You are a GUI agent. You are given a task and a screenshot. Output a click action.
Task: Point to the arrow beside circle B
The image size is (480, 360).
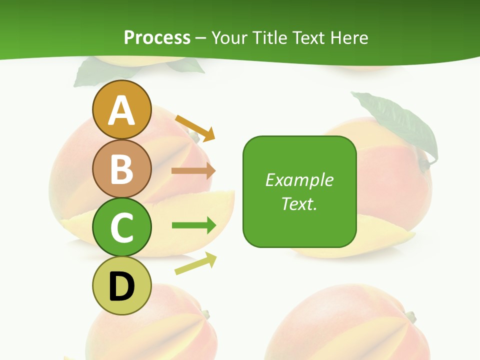(x=193, y=171)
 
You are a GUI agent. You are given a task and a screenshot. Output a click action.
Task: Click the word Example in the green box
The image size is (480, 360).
(x=299, y=180)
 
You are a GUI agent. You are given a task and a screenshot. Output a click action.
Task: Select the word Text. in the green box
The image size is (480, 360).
(x=299, y=203)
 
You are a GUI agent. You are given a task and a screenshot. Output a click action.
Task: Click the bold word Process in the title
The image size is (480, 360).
(x=157, y=37)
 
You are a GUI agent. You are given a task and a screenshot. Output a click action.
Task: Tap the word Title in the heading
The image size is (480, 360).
(x=271, y=37)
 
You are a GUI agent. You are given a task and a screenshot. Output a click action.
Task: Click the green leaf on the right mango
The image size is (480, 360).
(x=400, y=122)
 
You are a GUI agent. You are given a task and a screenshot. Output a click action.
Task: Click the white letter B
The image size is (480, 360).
(x=122, y=169)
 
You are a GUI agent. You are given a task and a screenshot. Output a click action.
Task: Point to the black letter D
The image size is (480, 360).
(x=122, y=286)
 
